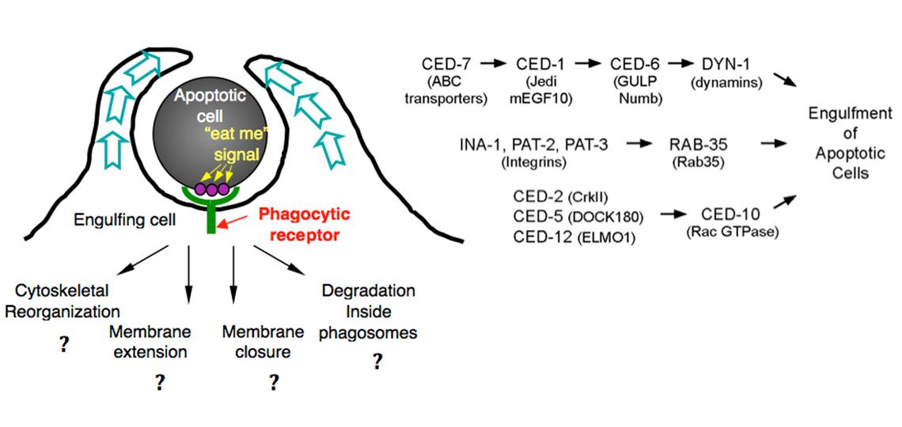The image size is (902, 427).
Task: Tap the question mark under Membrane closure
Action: [274, 383]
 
